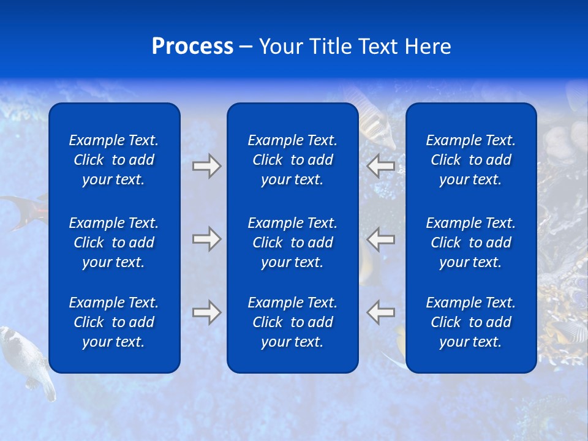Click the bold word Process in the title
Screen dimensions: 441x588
[x=192, y=47]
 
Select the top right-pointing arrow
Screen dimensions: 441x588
[x=206, y=166]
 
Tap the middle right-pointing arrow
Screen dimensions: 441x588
[x=206, y=239]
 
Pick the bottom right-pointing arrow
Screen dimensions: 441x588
[x=206, y=312]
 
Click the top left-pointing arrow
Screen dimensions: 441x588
[x=381, y=166]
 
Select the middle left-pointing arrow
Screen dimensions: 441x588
[x=381, y=239]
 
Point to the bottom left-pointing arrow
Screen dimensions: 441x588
[x=381, y=312]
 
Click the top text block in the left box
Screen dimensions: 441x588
[x=114, y=160]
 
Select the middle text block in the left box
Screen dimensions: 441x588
[x=114, y=243]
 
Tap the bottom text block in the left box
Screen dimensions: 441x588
[x=114, y=322]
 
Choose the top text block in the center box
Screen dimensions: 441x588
[x=292, y=160]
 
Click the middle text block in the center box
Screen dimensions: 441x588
[x=292, y=243]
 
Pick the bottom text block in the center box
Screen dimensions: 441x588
[x=292, y=322]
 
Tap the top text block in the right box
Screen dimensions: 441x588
[x=470, y=160]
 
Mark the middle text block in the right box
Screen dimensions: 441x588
[x=470, y=243]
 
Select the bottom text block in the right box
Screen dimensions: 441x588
[x=470, y=322]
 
